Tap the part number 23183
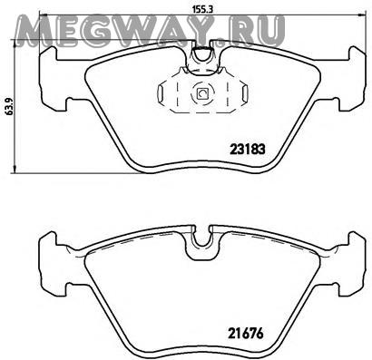(x=248, y=150)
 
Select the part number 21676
(x=246, y=334)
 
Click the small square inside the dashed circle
(x=201, y=93)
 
